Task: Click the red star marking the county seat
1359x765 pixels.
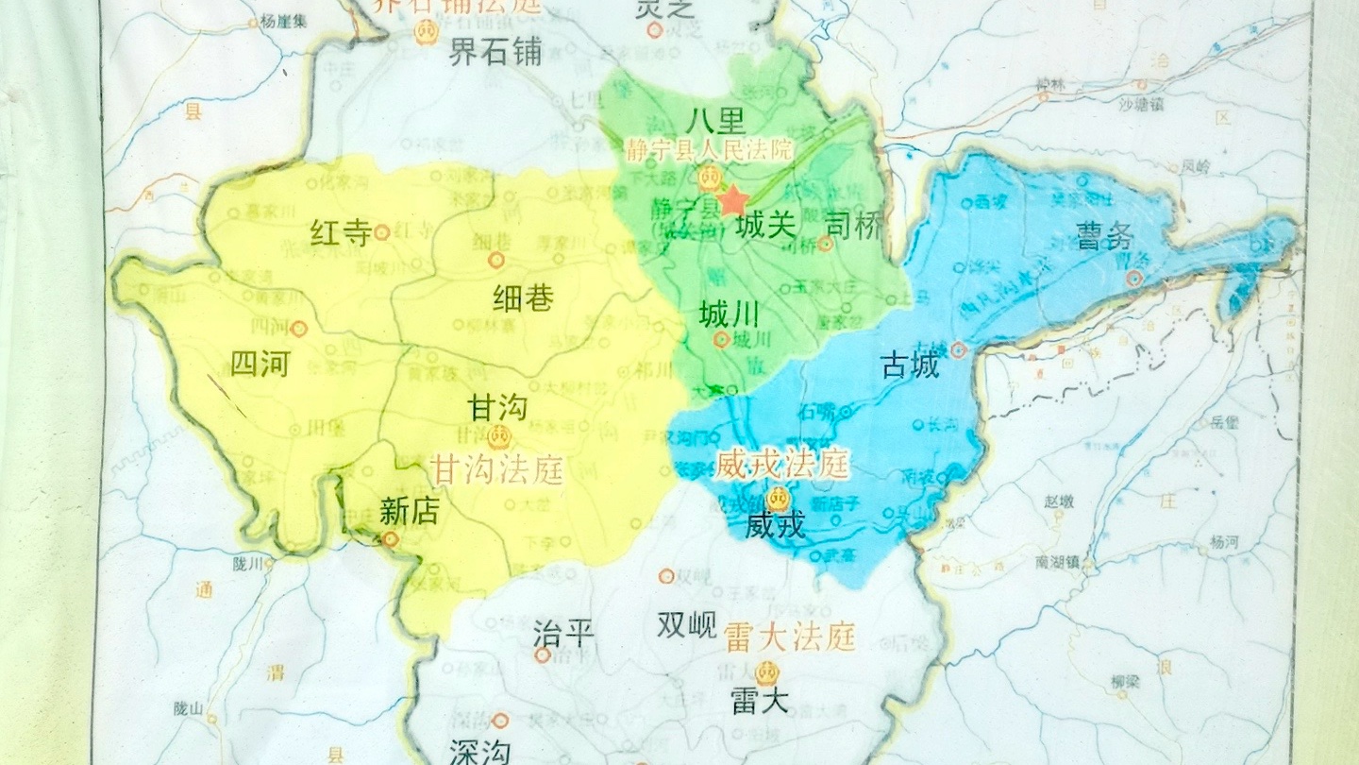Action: coord(733,199)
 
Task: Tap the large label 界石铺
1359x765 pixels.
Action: coord(495,52)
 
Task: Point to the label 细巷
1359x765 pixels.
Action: coord(523,298)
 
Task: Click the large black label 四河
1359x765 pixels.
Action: coord(260,364)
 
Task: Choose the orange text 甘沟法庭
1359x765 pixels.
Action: coord(496,468)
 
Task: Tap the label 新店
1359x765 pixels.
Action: coord(409,511)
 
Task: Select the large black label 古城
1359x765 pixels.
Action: coord(910,365)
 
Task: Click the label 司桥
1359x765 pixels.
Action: coord(856,225)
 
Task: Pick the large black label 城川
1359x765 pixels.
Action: coord(729,314)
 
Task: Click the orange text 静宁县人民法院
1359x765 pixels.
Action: coord(709,149)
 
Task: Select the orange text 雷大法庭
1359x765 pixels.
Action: coord(789,638)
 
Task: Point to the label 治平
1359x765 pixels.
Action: coord(563,633)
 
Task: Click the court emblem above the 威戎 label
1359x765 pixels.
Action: coord(780,498)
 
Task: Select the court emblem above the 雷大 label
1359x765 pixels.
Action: coord(767,672)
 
